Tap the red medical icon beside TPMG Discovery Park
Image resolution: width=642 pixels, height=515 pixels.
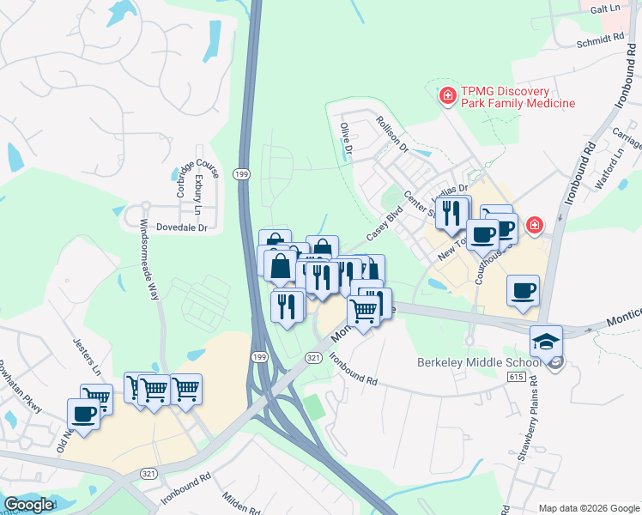(x=446, y=95)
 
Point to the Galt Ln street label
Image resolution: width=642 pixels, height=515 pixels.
(x=604, y=8)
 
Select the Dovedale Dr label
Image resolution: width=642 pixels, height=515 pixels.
(x=183, y=227)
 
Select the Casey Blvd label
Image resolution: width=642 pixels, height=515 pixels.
(x=385, y=223)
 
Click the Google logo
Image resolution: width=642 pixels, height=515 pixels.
(x=28, y=505)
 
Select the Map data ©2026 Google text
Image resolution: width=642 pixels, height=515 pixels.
(x=588, y=508)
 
